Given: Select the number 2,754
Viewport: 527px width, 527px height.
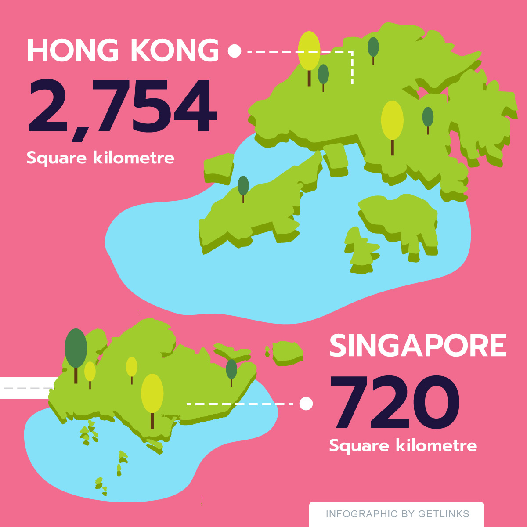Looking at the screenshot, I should pos(123,106).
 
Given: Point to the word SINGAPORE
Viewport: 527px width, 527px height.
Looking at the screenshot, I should pos(418,346).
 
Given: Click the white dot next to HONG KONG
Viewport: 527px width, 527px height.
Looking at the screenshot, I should pos(235,51).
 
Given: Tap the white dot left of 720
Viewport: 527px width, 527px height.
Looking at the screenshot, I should pos(306,403).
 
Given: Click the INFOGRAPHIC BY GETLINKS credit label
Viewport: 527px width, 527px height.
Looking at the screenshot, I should pos(397,514).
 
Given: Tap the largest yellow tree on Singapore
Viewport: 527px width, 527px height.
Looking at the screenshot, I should pos(152,394).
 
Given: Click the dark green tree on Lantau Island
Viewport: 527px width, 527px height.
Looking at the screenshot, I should pos(243,186).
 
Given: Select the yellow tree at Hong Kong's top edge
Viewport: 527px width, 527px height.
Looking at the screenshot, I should pos(309,52).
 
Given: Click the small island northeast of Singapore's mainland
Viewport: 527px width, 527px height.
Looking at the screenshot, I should pos(288,352).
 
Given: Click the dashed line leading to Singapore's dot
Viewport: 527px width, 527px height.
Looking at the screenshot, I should pos(239,404).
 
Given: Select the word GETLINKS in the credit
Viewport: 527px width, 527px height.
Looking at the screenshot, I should pos(444,514).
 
